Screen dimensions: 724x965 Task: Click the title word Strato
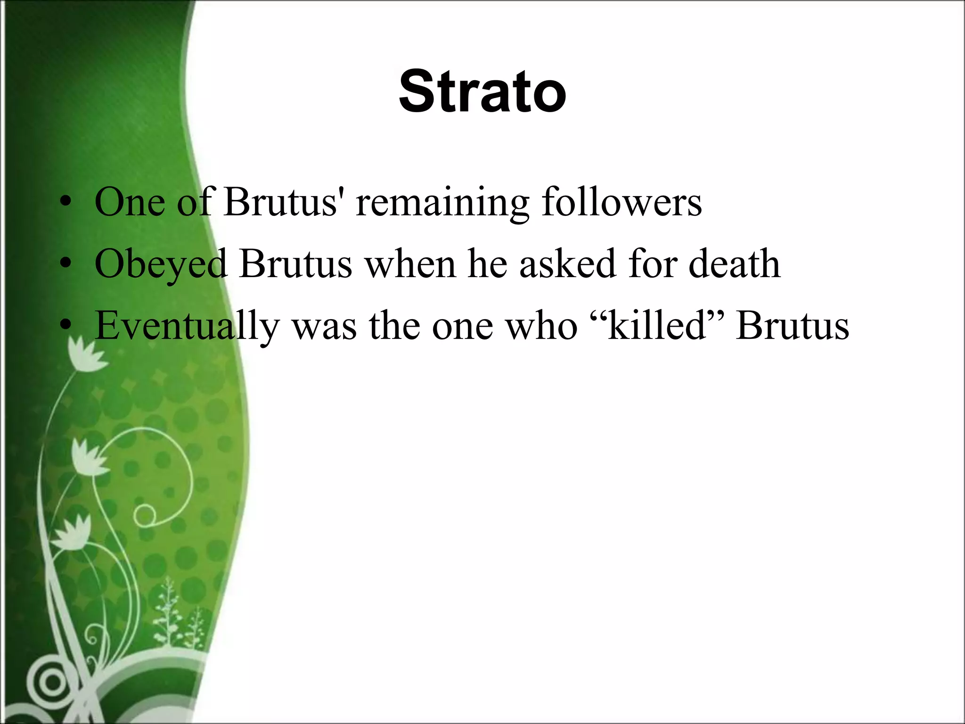[482, 91]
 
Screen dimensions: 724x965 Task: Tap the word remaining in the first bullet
[442, 203]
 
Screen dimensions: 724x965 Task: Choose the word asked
[567, 264]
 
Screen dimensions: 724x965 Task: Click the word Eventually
[187, 327]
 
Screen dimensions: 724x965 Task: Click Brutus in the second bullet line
[295, 264]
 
